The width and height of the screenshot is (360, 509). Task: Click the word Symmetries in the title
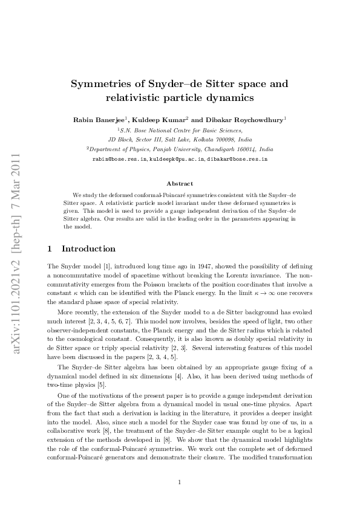point(102,83)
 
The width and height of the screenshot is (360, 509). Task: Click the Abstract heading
point(180,183)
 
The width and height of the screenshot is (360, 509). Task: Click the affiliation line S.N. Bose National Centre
point(180,129)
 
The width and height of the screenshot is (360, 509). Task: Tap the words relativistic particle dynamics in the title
point(180,97)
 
